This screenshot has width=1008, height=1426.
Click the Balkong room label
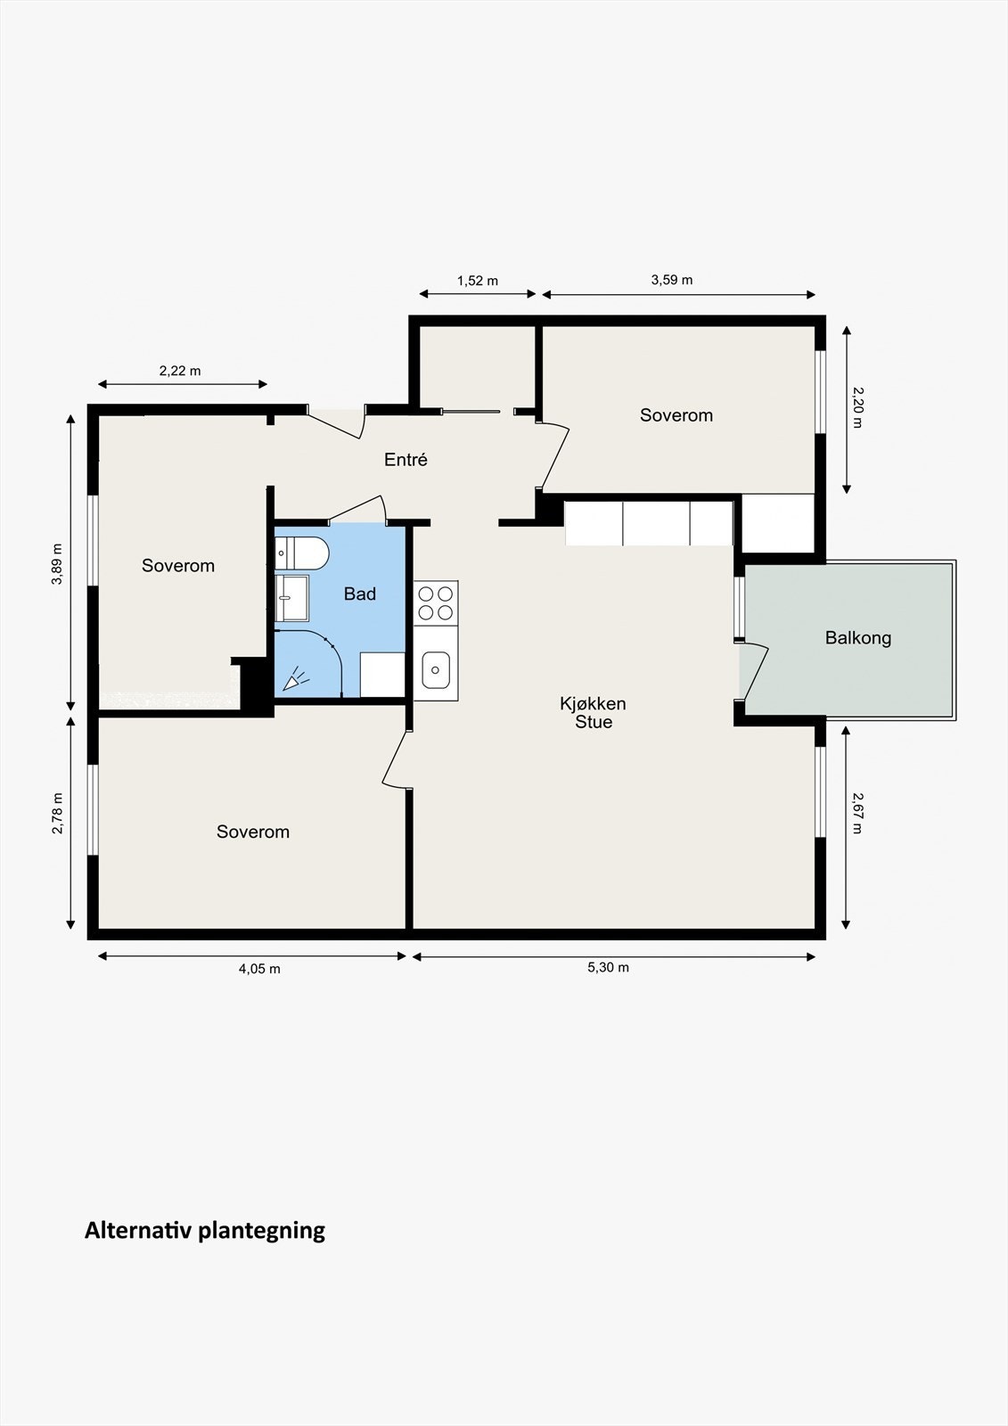point(857,638)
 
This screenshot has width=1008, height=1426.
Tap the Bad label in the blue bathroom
point(360,594)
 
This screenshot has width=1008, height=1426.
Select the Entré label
point(406,459)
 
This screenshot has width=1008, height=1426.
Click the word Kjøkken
point(593,703)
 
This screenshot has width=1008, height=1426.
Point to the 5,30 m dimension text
point(608,968)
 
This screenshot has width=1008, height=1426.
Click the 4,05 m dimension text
point(259,969)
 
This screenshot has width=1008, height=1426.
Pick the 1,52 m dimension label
point(478,281)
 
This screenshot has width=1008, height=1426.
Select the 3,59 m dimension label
point(672,280)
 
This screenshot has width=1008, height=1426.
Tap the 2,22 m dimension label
point(180,371)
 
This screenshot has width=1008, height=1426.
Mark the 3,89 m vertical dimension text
point(58,564)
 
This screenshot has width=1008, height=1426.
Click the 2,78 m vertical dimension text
point(58,813)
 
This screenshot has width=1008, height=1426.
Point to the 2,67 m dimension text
point(857,813)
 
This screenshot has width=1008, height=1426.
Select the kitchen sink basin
point(436,669)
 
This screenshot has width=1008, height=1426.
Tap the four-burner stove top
point(436,602)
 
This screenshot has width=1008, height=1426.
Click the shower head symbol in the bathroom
point(295,679)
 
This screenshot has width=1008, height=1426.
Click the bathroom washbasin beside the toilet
point(292,598)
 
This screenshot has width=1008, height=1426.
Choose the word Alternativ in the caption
point(142,1230)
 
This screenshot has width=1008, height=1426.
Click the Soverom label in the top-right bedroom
point(676,415)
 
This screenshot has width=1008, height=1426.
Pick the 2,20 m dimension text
point(857,407)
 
